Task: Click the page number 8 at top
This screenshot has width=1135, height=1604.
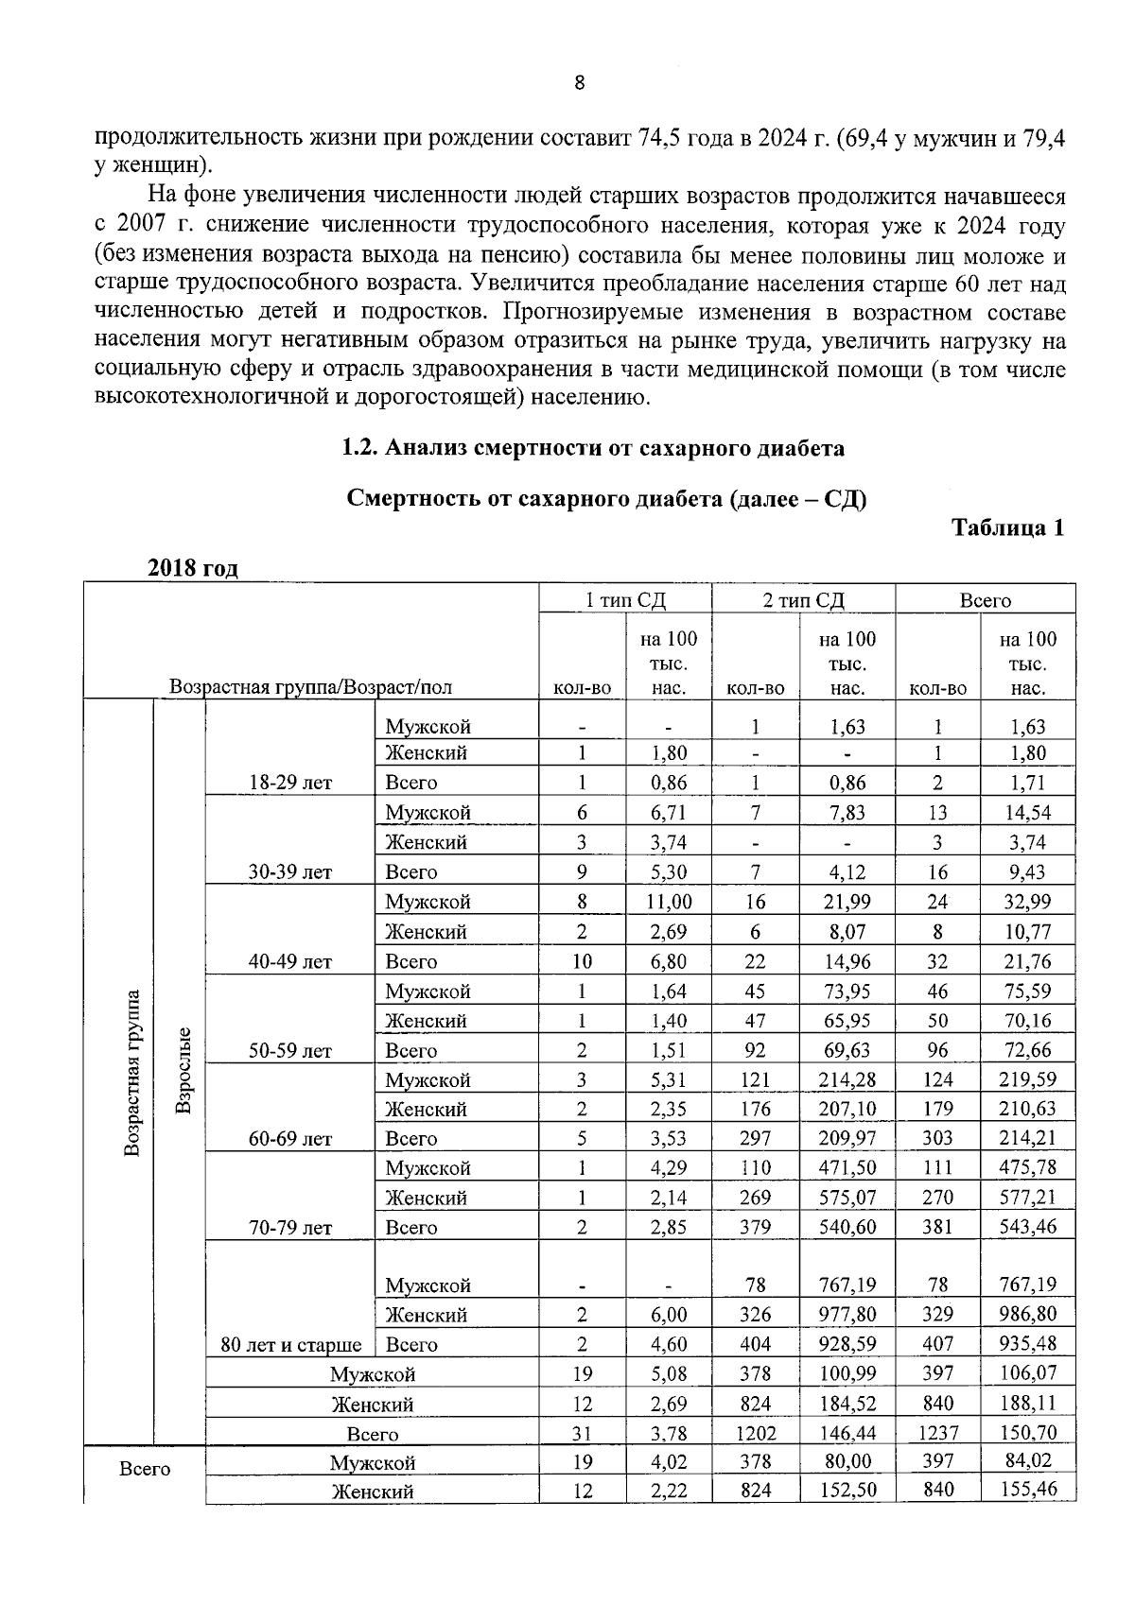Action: (x=580, y=82)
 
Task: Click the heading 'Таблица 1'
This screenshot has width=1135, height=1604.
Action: (x=1007, y=527)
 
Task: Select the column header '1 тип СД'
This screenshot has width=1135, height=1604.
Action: (x=625, y=600)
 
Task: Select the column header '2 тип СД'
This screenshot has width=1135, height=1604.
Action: (x=803, y=600)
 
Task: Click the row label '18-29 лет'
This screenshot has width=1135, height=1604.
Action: (x=289, y=783)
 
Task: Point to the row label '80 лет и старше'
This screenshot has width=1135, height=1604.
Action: (x=290, y=1344)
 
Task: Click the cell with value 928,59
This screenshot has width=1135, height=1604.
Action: (x=847, y=1343)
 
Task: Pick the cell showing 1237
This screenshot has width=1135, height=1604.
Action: (x=937, y=1433)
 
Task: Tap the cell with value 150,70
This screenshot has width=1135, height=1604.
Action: (x=1028, y=1433)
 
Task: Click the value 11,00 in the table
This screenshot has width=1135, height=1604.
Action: (x=668, y=902)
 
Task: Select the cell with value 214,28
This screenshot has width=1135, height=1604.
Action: (x=847, y=1079)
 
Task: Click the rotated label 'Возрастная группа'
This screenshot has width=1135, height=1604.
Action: (x=132, y=1072)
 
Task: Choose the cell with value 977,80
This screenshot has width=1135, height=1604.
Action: (x=847, y=1314)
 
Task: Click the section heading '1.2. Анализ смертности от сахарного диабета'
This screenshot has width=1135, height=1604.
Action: (x=592, y=448)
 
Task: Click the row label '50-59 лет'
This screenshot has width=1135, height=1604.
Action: (x=289, y=1051)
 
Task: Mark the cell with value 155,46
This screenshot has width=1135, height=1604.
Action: (x=1028, y=1491)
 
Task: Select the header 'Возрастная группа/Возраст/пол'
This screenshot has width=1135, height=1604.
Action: (x=310, y=687)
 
